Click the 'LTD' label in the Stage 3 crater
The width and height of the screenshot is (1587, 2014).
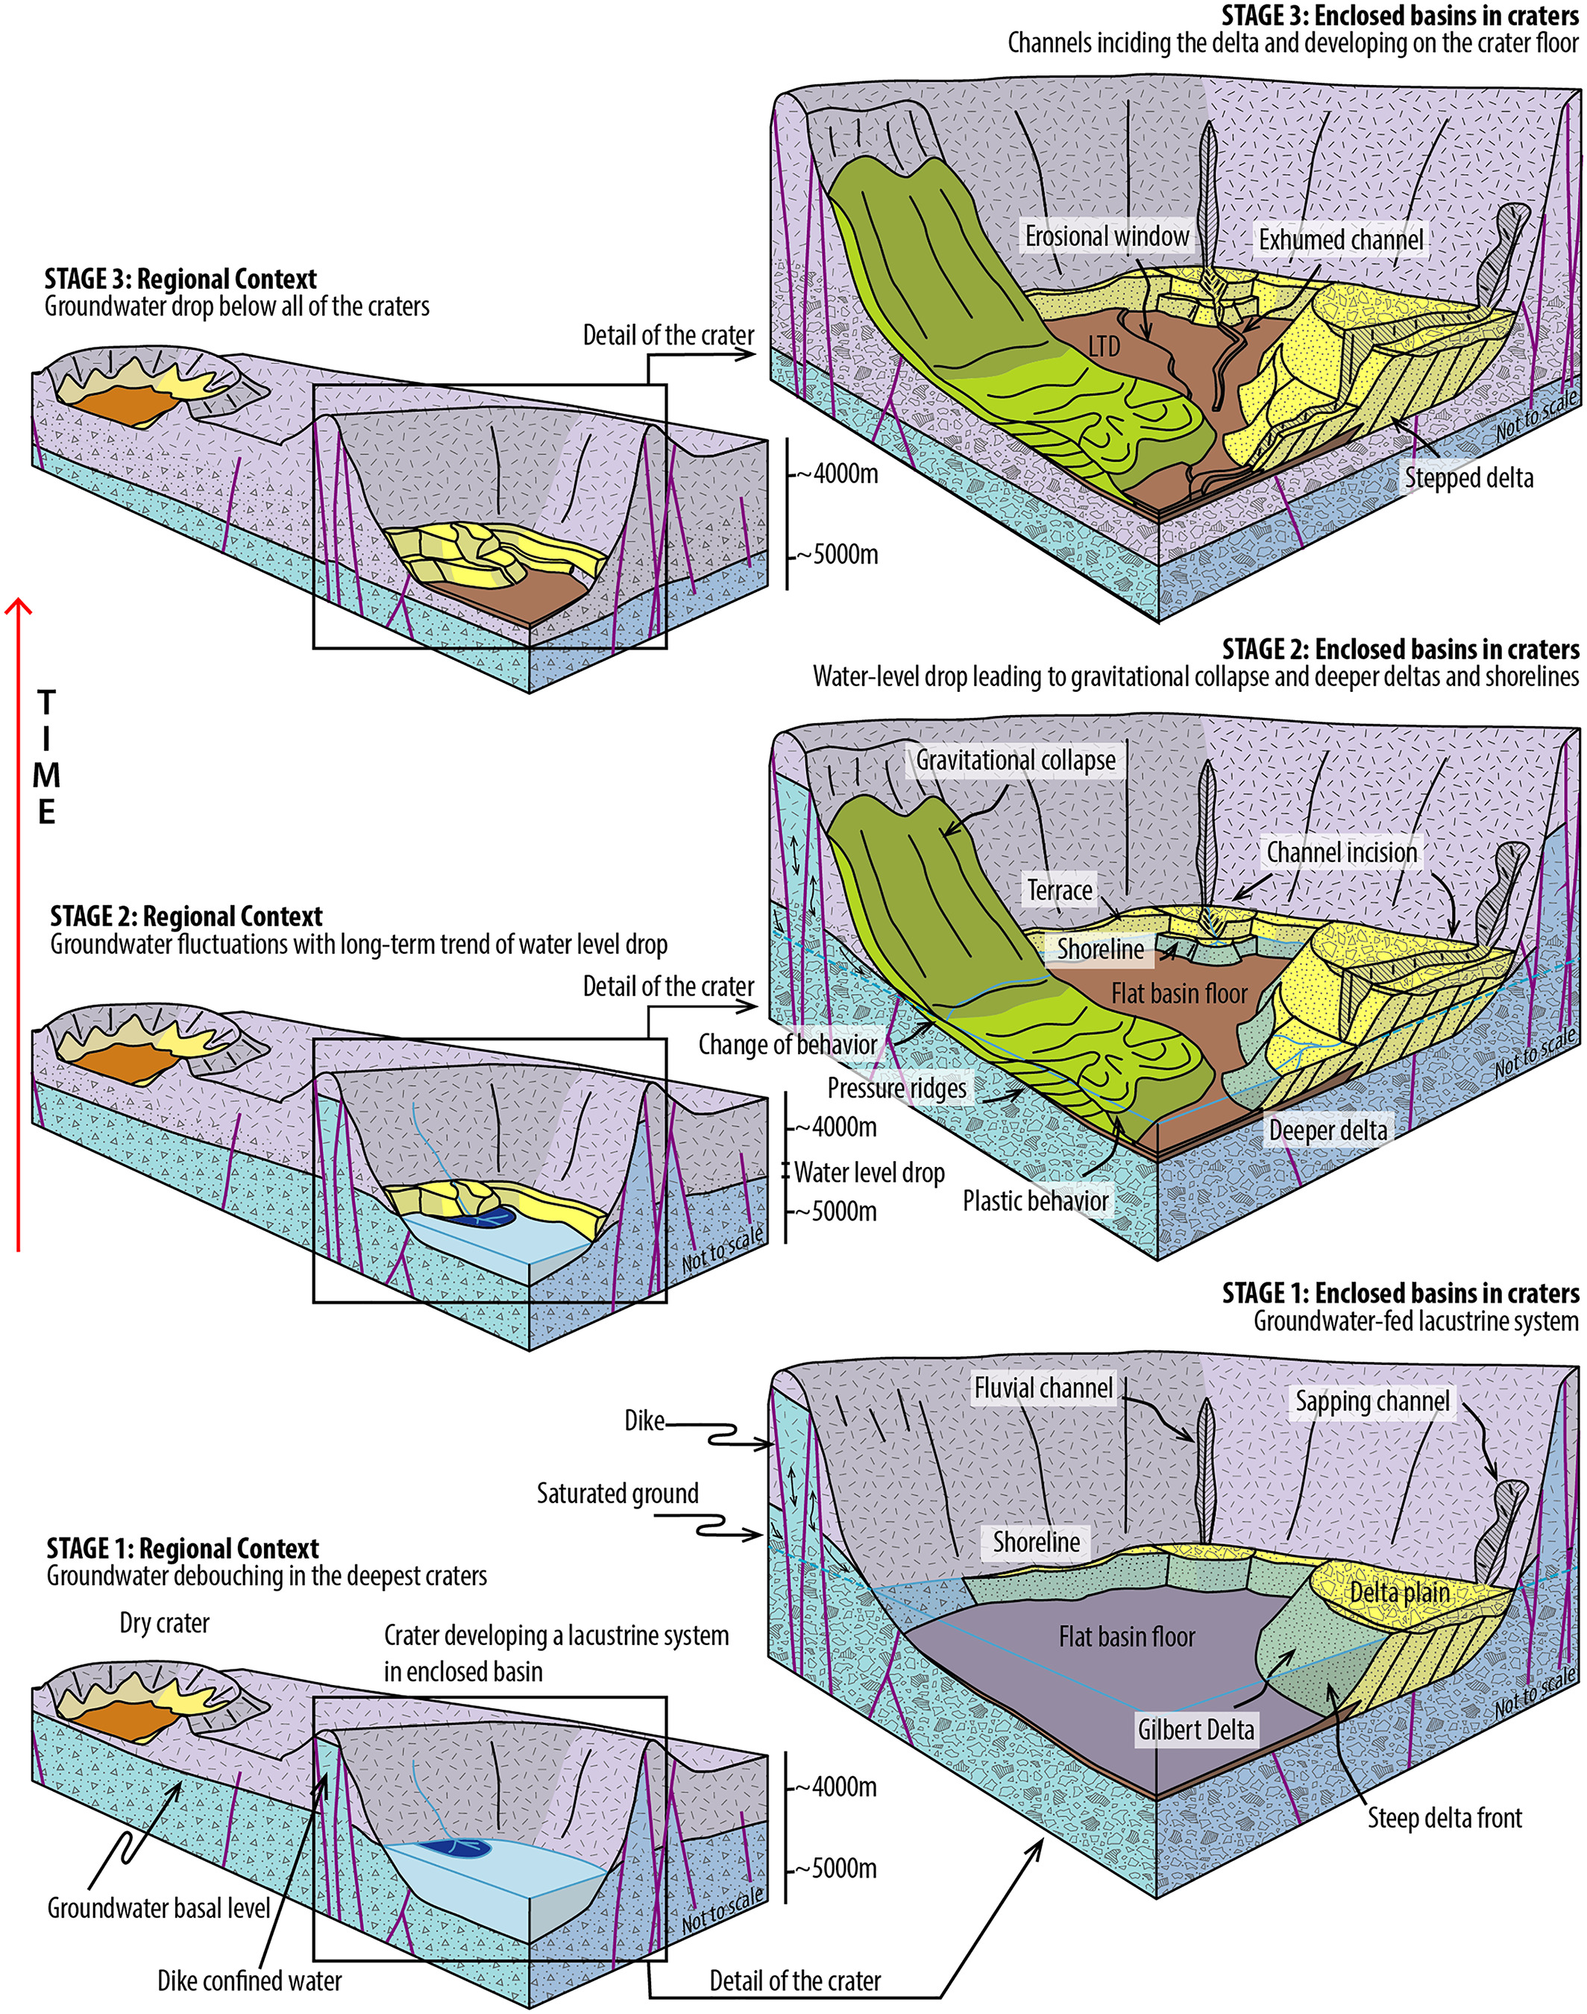click(1104, 347)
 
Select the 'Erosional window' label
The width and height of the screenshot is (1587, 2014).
click(1107, 237)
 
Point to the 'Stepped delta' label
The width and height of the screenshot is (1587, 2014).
click(1468, 479)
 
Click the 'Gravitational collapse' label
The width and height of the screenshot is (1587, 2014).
click(1016, 760)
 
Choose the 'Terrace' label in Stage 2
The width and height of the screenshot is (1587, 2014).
click(1059, 890)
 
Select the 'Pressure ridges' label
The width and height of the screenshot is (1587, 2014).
click(896, 1088)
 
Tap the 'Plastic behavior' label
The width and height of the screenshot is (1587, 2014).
click(1035, 1201)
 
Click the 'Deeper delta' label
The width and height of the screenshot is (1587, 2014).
click(1327, 1130)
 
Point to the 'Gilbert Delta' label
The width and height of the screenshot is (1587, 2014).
click(1195, 1730)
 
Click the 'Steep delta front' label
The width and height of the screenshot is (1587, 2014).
click(1445, 1818)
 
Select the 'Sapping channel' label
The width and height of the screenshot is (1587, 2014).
click(1372, 1402)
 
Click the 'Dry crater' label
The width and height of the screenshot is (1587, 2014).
click(165, 1623)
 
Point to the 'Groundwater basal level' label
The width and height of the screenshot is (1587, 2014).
click(159, 1908)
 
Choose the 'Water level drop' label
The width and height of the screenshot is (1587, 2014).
click(869, 1172)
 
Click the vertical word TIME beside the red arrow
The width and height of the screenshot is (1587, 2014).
click(46, 757)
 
